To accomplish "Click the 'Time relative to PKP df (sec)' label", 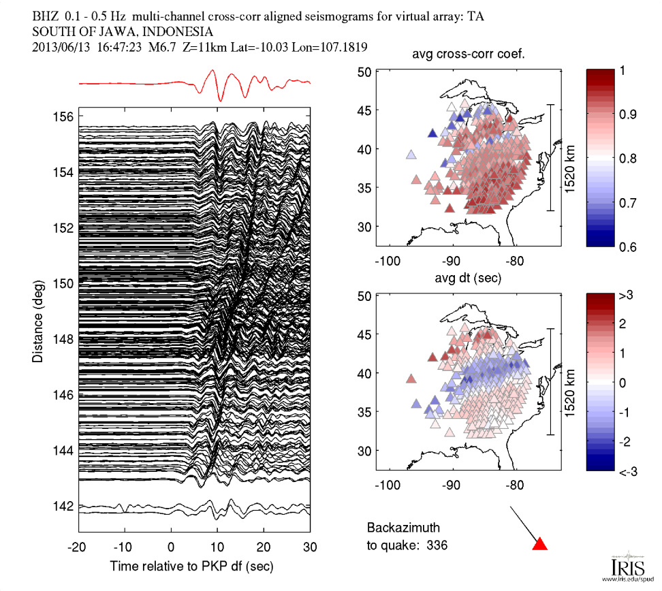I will point(192,566).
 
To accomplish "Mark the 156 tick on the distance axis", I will point(63,117).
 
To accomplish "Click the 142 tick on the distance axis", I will point(63,506).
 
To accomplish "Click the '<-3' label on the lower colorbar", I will point(627,470).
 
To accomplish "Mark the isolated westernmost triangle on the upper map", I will point(411,155).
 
